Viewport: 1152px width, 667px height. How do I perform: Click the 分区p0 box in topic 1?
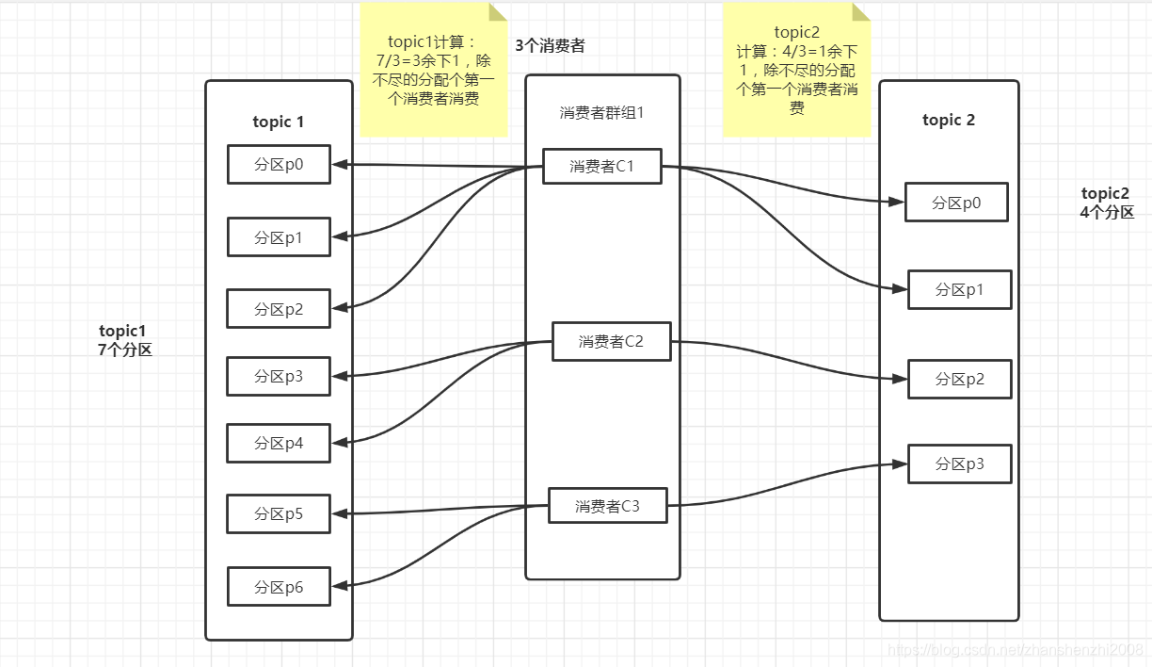(279, 164)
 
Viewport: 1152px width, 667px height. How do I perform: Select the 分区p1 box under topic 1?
(279, 237)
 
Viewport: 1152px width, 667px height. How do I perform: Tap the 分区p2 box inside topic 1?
(279, 308)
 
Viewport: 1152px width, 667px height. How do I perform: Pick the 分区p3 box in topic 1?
(279, 376)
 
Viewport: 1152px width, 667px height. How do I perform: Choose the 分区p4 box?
(279, 443)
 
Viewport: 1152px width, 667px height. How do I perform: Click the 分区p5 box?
(279, 513)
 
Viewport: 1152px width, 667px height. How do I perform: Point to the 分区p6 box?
(279, 586)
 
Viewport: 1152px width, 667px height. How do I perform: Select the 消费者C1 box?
(601, 166)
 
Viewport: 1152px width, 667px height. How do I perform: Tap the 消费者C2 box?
(611, 341)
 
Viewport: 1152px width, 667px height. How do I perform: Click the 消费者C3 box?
(607, 506)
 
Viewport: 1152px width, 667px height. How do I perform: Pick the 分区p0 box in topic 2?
(956, 203)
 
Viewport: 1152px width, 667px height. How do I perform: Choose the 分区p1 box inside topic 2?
(959, 289)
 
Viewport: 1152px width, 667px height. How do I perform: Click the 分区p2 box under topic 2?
(959, 379)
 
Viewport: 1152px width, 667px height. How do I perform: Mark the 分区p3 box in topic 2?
(959, 464)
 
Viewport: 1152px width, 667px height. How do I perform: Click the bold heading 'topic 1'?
(279, 122)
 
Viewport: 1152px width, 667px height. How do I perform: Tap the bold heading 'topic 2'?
(949, 120)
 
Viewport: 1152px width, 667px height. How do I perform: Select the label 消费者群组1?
(601, 112)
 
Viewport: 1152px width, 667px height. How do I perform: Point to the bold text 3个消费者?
(550, 45)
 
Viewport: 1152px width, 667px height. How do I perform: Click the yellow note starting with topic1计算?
(433, 71)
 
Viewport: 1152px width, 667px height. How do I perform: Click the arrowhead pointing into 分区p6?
(338, 586)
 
